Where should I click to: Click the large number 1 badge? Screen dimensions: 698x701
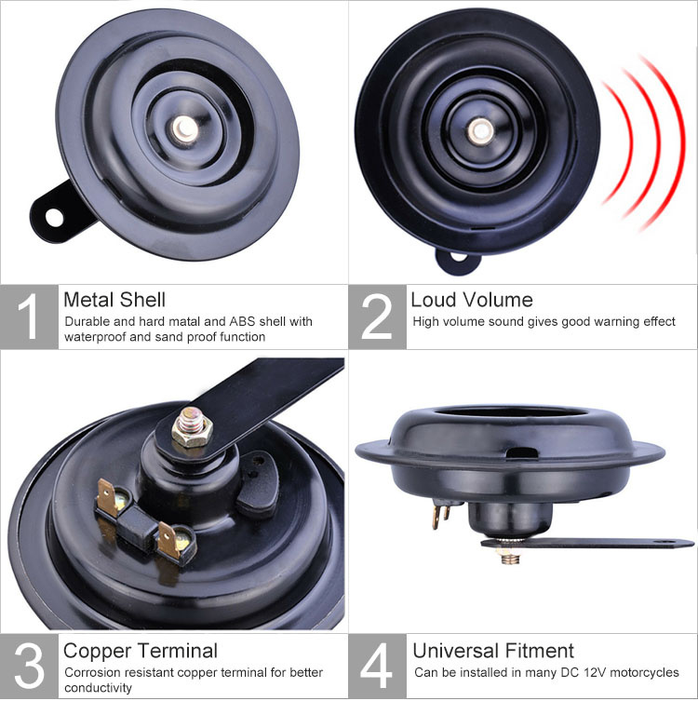(29, 317)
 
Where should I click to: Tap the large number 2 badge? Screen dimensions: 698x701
(378, 317)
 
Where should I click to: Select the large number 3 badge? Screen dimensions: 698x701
(29, 666)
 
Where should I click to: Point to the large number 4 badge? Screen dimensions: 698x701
(378, 666)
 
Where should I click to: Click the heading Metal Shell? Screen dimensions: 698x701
(114, 300)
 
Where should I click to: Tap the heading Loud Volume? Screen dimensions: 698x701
(472, 300)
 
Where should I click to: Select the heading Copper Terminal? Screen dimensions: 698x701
(141, 651)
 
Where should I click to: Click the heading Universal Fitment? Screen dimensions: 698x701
(493, 651)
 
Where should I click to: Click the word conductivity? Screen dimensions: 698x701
(98, 688)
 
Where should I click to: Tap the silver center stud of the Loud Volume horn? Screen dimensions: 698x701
(481, 131)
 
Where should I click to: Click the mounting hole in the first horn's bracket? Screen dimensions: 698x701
(54, 217)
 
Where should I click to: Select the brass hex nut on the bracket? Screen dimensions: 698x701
(192, 432)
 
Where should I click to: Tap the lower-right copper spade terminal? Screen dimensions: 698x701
(168, 540)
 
